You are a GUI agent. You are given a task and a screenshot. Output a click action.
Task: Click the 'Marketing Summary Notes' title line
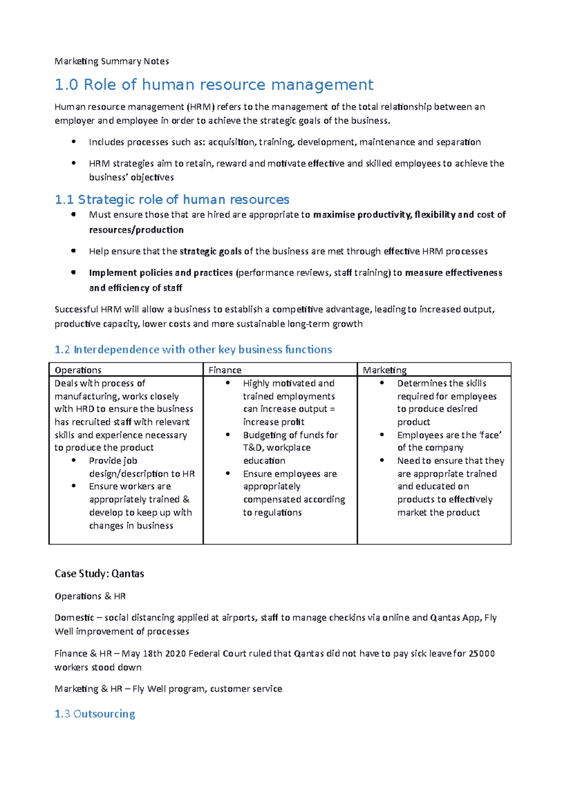112,61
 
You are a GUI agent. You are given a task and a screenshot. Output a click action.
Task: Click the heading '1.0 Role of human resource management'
214,85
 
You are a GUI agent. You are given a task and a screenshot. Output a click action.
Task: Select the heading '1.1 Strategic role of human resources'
172,199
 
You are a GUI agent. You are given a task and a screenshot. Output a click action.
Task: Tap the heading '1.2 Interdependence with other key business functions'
193,350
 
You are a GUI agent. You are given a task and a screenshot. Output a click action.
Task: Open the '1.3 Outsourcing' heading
95,714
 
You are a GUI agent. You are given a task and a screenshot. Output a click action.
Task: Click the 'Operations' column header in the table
78,370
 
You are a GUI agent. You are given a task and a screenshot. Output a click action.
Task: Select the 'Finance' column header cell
225,370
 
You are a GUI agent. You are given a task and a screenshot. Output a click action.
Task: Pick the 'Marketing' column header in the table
384,370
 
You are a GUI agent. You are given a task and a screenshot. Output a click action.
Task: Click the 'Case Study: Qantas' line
99,574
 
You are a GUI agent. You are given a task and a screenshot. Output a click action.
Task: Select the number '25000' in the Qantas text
482,654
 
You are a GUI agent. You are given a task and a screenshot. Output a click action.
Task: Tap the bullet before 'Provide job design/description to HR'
74,460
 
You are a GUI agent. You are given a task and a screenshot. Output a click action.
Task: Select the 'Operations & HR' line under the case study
90,596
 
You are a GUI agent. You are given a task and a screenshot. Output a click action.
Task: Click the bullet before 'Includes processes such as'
73,141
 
